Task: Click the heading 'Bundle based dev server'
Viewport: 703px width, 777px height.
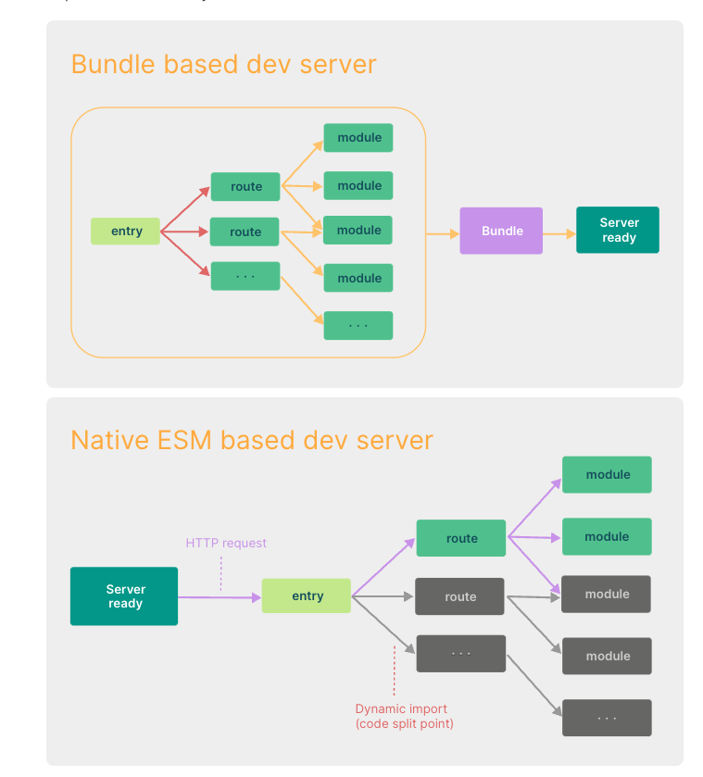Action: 223,64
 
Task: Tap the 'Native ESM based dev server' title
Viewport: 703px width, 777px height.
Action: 252,439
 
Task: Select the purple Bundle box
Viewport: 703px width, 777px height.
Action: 501,231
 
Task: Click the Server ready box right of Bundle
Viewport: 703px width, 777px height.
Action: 618,230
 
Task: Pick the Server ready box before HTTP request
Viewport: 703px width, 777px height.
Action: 124,596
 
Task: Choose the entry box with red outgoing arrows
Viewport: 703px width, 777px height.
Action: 126,231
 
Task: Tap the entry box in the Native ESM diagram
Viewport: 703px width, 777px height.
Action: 307,595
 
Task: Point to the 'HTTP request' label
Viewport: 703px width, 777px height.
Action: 226,543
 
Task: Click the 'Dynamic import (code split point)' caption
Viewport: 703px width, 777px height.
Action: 404,716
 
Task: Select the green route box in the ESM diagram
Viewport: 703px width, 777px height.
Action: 461,538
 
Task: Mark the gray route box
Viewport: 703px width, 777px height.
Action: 460,596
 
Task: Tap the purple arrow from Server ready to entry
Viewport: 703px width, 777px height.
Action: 220,597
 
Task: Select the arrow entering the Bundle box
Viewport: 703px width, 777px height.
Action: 443,233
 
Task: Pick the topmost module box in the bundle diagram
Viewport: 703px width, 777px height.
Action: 358,138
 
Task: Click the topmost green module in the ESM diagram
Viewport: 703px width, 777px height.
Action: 608,474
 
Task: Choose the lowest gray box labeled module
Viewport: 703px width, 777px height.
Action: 608,656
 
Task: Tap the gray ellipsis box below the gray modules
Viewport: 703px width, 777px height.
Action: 607,718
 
